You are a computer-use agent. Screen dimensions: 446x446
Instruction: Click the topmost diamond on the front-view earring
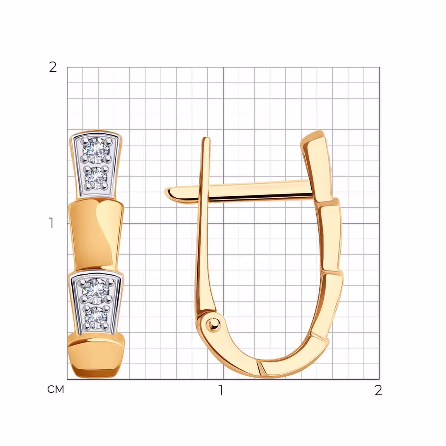pos(96,151)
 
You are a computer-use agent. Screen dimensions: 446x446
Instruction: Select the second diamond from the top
pos(96,178)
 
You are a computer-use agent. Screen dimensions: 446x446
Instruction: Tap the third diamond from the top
pos(96,291)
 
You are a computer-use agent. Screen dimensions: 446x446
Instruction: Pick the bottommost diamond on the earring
pos(96,318)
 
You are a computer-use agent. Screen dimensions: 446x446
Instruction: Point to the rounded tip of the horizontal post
pos(168,193)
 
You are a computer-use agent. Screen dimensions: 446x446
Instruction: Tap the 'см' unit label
pos(56,389)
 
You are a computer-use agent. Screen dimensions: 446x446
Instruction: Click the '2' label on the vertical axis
pos(53,67)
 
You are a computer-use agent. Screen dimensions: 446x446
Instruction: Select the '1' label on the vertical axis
pos(51,223)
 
